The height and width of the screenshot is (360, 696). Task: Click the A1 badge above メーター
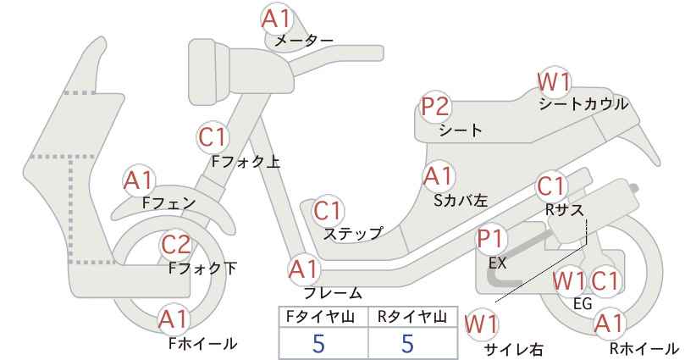click(276, 19)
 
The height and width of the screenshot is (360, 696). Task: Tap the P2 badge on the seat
click(436, 108)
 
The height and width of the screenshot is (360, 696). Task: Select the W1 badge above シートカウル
click(554, 82)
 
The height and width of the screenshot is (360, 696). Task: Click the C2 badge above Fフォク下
click(176, 245)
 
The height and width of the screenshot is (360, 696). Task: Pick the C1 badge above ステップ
click(328, 211)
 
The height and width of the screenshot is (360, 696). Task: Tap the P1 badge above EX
click(491, 240)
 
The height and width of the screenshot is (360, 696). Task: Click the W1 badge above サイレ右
click(481, 325)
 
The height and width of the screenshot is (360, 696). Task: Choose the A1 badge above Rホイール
click(609, 324)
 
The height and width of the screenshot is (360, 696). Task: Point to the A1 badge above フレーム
click(304, 269)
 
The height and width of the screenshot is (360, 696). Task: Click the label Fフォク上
click(246, 162)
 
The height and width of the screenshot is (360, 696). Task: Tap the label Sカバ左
click(461, 201)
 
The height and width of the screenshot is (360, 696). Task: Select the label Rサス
click(564, 210)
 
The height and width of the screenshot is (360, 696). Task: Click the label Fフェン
click(169, 203)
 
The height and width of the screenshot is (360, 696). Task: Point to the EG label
click(583, 303)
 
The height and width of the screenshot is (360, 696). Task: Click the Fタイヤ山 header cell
click(323, 317)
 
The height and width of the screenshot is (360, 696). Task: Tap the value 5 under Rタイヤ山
click(407, 343)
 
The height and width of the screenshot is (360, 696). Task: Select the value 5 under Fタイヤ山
click(318, 343)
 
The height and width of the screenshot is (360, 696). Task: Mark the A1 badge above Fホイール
click(174, 319)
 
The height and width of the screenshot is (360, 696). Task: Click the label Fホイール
click(203, 344)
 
